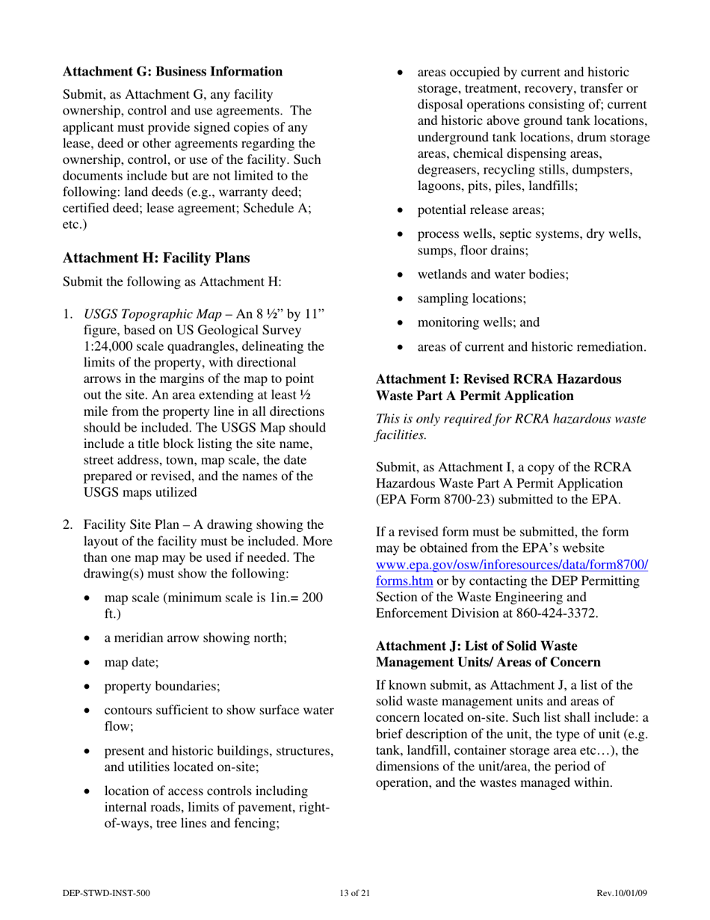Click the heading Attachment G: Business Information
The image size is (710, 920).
click(x=173, y=72)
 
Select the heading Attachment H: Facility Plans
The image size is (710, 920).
click(x=156, y=257)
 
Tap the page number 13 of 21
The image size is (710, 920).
click(x=354, y=892)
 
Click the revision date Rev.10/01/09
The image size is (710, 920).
click(x=621, y=892)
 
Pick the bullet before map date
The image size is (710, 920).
click(x=90, y=663)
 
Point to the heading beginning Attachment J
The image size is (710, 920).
click(x=488, y=654)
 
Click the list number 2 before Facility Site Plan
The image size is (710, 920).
click(x=67, y=525)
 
